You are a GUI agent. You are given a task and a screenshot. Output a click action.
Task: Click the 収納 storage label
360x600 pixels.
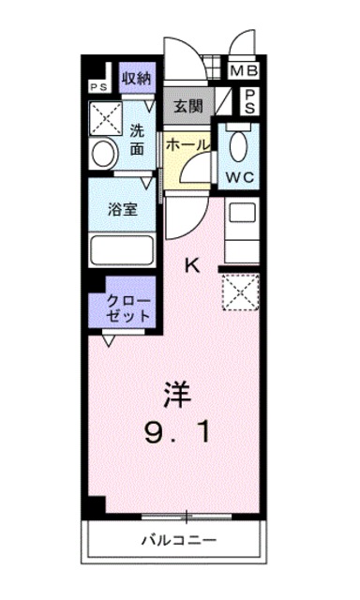click(x=137, y=77)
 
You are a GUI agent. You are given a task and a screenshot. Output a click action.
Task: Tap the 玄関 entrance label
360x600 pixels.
click(x=187, y=105)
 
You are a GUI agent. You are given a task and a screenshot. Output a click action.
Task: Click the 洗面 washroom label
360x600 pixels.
click(x=137, y=140)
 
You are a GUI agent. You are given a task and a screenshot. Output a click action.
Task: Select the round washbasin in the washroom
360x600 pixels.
click(x=102, y=154)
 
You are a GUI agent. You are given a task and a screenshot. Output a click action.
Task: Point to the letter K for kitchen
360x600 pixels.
click(x=191, y=264)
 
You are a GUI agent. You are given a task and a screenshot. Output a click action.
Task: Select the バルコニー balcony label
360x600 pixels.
click(x=180, y=540)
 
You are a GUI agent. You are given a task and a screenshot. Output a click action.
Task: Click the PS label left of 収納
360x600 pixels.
click(x=98, y=86)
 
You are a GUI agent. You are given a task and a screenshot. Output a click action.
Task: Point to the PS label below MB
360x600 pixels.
click(x=251, y=100)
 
